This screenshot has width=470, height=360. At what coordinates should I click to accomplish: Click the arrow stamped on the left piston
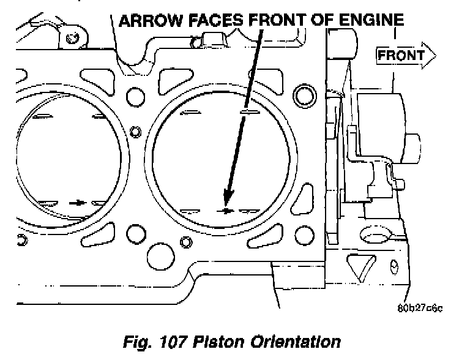(77, 201)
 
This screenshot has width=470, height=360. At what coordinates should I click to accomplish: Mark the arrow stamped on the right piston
(226, 210)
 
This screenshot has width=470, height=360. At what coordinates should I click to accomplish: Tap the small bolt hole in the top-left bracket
(73, 39)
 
